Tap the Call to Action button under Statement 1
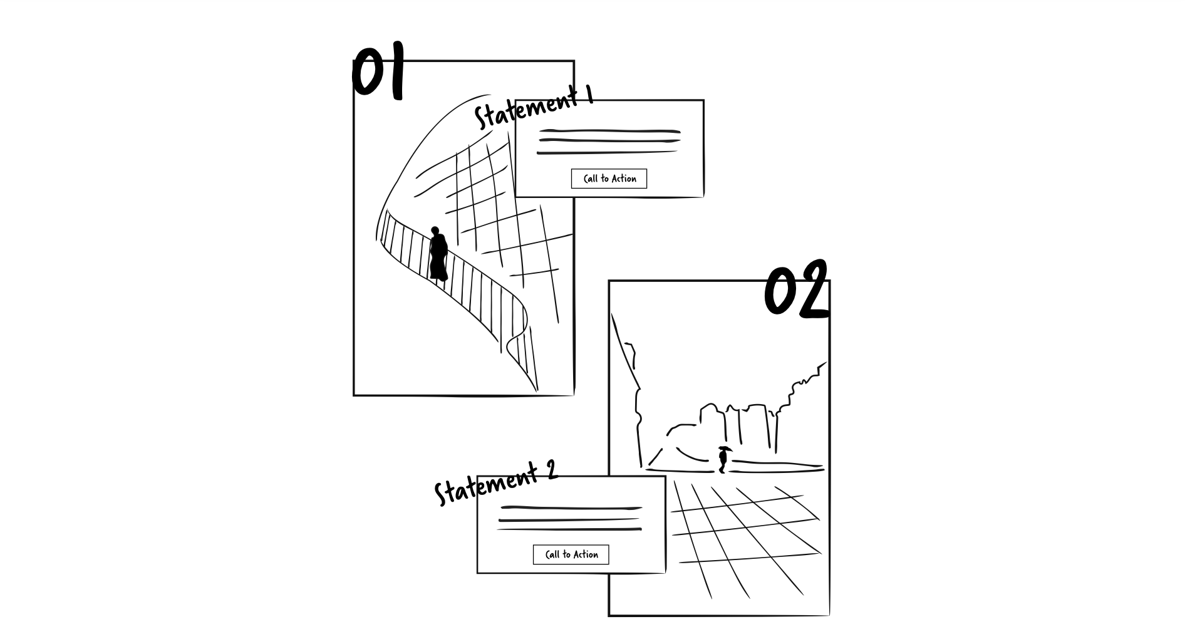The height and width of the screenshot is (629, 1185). (x=609, y=179)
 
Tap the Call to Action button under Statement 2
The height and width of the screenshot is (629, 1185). (x=571, y=554)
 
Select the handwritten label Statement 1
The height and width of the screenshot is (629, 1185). (x=532, y=107)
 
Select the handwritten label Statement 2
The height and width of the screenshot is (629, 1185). (x=495, y=483)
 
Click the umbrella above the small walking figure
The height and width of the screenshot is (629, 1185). (x=725, y=448)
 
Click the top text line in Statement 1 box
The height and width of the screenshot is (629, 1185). (x=609, y=132)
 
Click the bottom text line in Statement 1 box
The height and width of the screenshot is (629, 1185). (x=607, y=152)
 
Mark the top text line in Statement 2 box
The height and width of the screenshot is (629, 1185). (x=571, y=507)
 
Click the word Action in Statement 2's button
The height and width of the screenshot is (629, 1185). (x=586, y=554)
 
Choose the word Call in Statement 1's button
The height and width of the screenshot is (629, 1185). (x=591, y=179)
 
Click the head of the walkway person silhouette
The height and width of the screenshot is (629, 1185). (x=435, y=231)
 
